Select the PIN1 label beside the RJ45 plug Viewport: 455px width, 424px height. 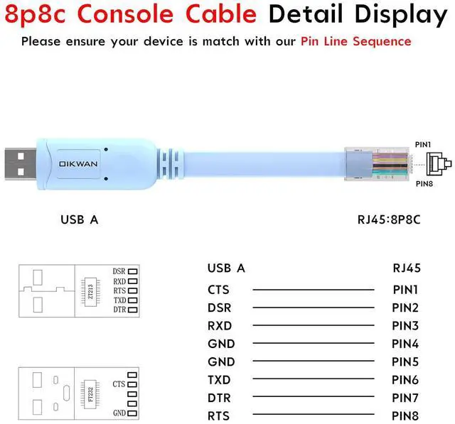(x=424, y=144)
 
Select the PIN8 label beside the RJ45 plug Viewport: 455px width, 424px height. (x=424, y=185)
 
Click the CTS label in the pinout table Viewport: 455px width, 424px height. (x=219, y=290)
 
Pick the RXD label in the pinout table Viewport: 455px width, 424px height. (x=220, y=326)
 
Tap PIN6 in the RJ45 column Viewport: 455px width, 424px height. (x=406, y=380)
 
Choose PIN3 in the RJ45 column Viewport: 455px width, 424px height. (x=406, y=326)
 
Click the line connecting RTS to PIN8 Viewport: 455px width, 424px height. (x=313, y=416)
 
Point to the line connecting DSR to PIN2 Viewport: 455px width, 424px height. (x=313, y=308)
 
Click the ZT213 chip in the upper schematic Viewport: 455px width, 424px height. (x=91, y=290)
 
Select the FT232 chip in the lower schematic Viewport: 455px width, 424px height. (x=90, y=392)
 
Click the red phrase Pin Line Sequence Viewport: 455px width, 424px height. (x=355, y=40)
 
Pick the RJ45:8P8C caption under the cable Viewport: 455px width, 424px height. (x=389, y=219)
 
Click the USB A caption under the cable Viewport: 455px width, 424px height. (x=79, y=219)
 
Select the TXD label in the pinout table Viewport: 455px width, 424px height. (x=219, y=380)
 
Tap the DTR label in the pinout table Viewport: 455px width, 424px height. (x=219, y=398)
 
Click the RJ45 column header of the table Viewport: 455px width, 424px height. (x=407, y=268)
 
